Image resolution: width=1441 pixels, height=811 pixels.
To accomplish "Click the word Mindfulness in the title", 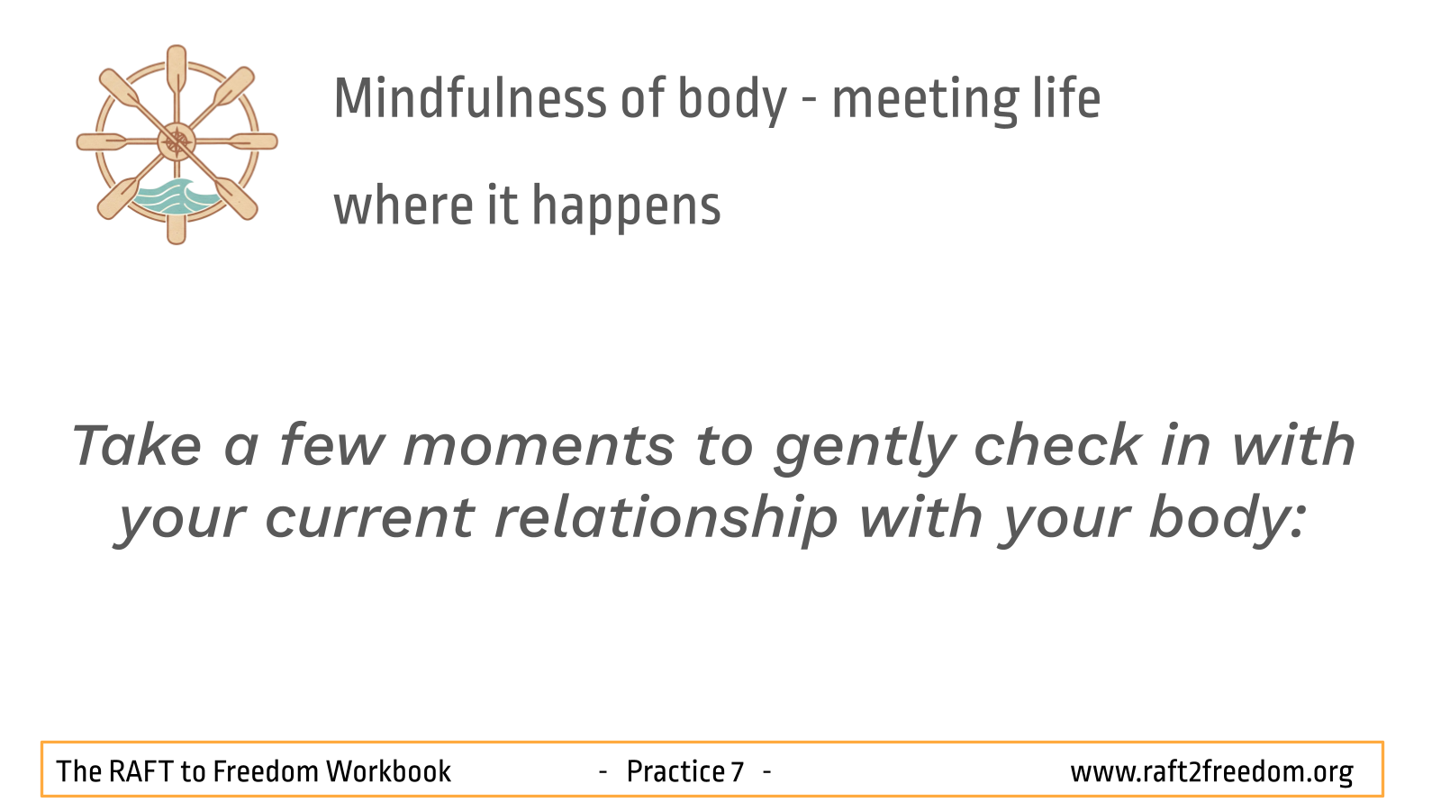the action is click(470, 98).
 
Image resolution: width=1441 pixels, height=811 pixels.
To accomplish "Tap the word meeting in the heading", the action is click(925, 101).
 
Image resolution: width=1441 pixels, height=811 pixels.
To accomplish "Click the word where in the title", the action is click(403, 205).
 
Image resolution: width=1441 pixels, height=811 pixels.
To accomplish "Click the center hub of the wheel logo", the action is click(177, 141).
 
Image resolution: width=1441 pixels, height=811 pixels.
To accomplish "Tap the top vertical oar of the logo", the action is click(177, 72).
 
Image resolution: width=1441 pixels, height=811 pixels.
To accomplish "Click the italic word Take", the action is click(137, 444).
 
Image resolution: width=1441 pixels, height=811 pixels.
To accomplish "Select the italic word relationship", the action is click(666, 520).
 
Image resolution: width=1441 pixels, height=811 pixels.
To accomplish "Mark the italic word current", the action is click(370, 519).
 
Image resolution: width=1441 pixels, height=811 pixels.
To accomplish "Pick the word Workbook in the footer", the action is click(388, 771).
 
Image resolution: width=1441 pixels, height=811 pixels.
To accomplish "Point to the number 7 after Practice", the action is click(738, 771).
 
